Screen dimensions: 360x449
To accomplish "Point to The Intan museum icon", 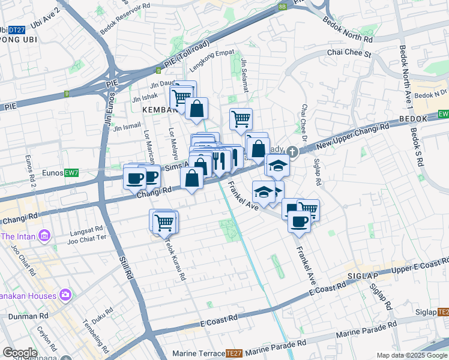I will tap(44, 236).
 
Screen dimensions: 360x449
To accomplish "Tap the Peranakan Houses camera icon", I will tap(65, 295).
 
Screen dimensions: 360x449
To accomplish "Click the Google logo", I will tap(19, 353).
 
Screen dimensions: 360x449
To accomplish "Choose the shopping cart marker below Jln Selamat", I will tap(241, 118).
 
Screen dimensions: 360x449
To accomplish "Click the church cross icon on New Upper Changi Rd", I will tap(292, 152).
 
